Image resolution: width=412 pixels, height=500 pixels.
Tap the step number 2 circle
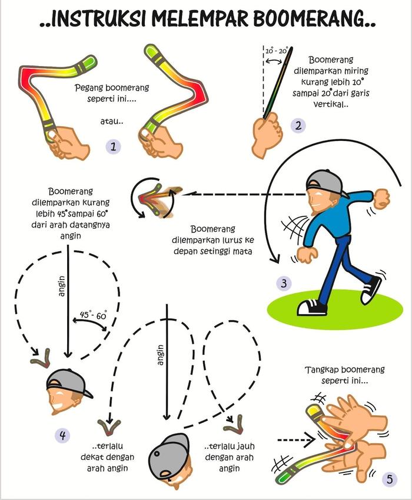pos(299,125)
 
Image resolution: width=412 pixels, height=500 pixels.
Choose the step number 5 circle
pos(388,479)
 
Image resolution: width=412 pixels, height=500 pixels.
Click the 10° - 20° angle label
pos(276,51)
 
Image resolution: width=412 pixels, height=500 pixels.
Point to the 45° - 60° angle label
pos(93,315)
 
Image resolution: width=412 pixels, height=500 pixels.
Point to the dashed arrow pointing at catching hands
pos(294,439)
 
